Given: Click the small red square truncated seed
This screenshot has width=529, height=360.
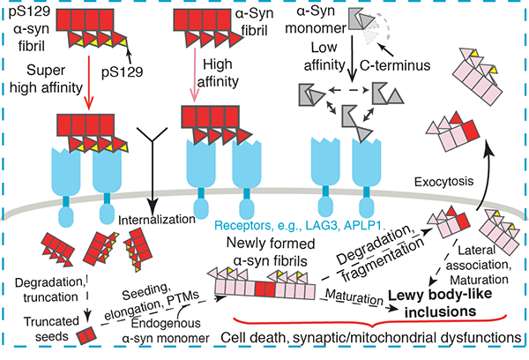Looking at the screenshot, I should [x=84, y=335].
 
